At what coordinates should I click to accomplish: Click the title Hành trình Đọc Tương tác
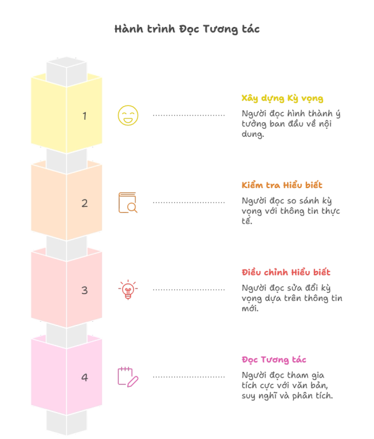187,29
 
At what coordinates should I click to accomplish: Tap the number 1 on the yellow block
85,116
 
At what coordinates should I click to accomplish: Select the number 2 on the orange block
85,203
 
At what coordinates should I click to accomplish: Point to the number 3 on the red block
85,290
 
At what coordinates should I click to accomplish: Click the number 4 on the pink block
85,378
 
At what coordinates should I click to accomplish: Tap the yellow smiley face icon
128,115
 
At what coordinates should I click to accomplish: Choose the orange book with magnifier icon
128,203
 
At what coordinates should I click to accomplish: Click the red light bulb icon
128,290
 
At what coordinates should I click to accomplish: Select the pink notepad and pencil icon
128,377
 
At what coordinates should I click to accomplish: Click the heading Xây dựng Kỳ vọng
283,98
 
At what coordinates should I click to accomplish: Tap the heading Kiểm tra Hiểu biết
282,186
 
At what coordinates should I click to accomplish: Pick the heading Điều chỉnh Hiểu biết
286,272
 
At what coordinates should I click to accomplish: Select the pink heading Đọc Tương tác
274,360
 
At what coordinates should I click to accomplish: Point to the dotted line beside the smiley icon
189,115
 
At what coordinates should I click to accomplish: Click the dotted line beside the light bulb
189,290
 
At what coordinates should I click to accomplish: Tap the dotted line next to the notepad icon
189,377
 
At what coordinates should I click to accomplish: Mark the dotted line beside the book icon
189,202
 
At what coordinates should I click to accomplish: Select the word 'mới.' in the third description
250,309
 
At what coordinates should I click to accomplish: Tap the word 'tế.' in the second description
247,221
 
